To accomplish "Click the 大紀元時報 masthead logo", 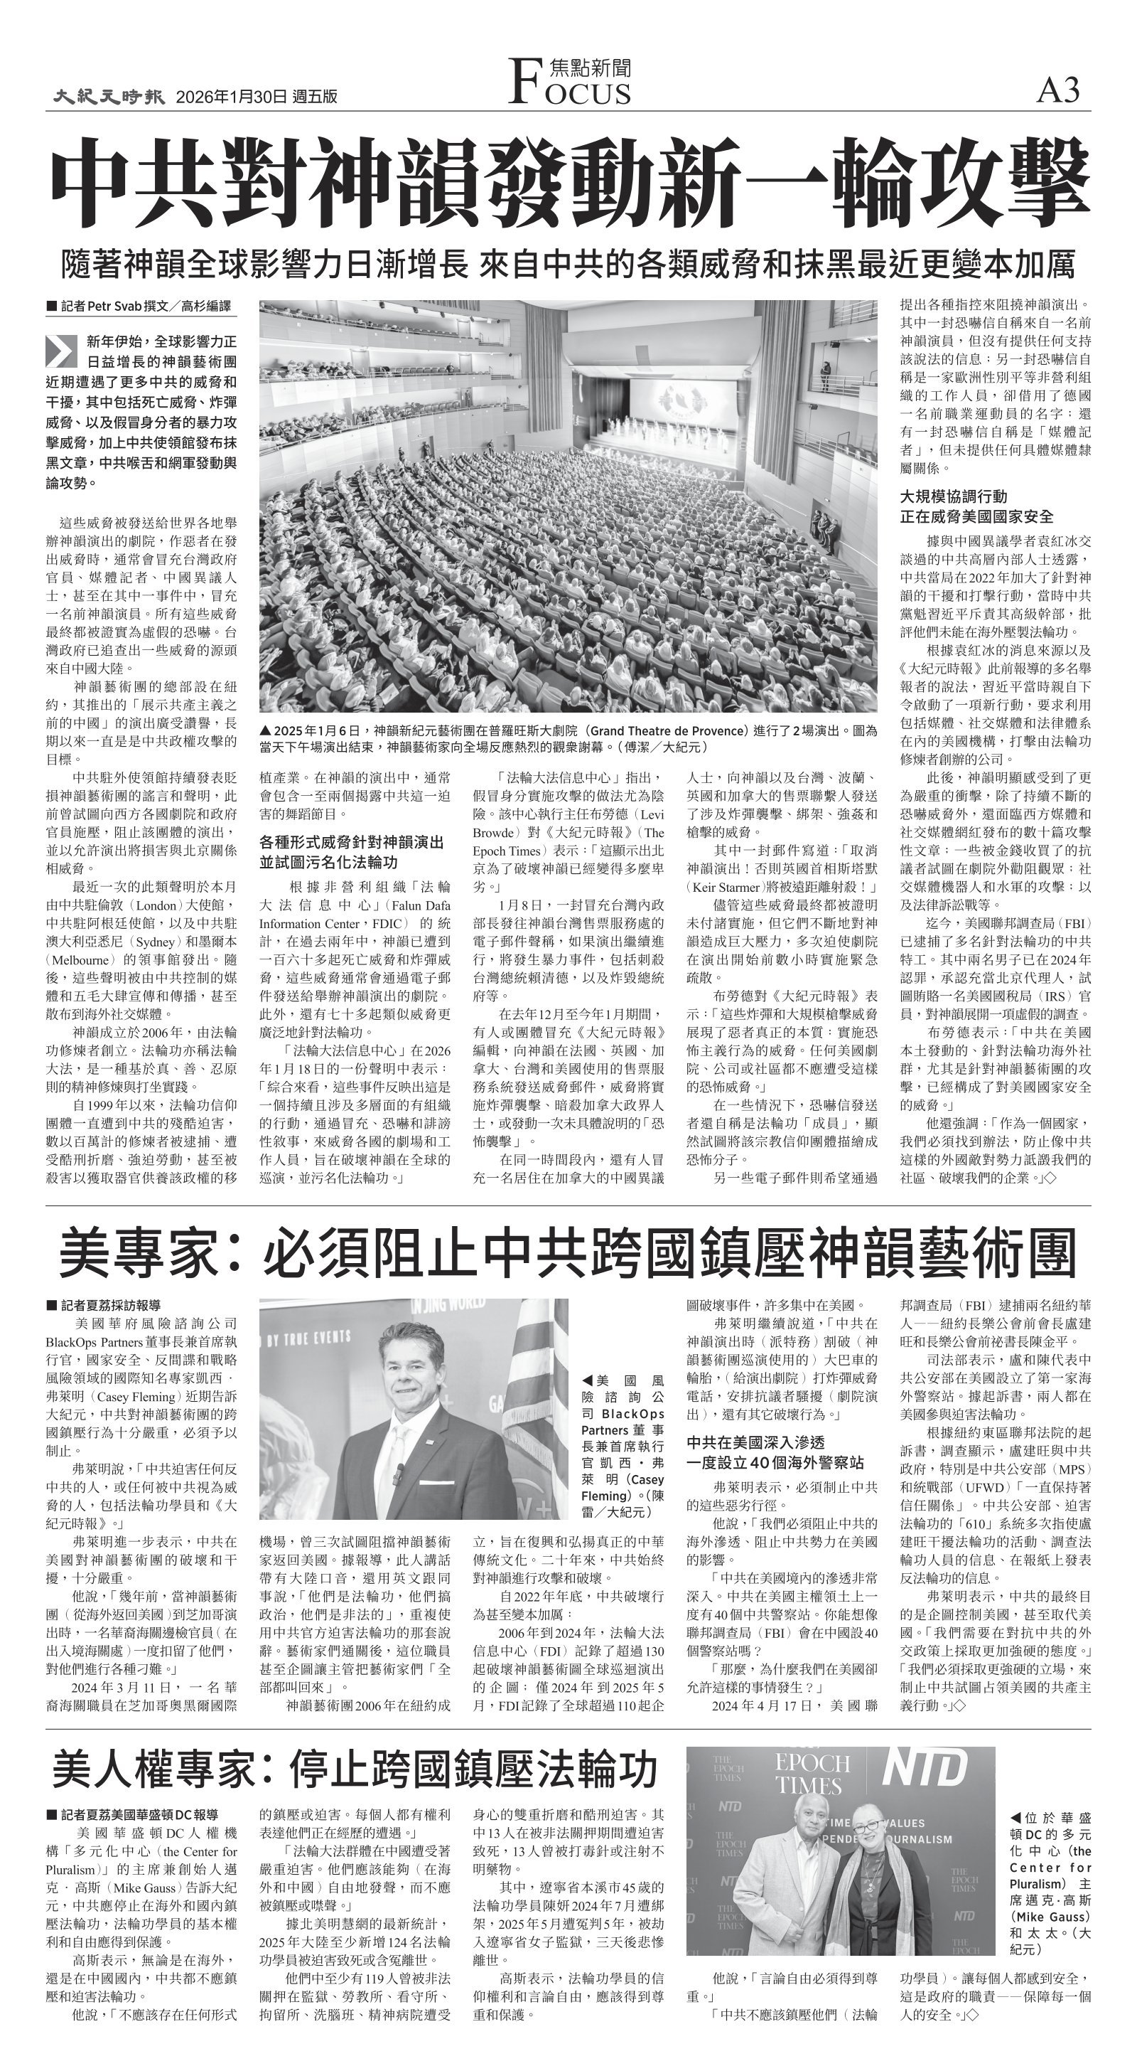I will point(109,97).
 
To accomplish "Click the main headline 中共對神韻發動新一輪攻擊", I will point(569,183).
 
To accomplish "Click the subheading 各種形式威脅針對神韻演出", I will point(351,843).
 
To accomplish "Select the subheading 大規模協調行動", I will point(953,496).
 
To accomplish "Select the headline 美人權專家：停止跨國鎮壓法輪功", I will point(355,1768).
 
